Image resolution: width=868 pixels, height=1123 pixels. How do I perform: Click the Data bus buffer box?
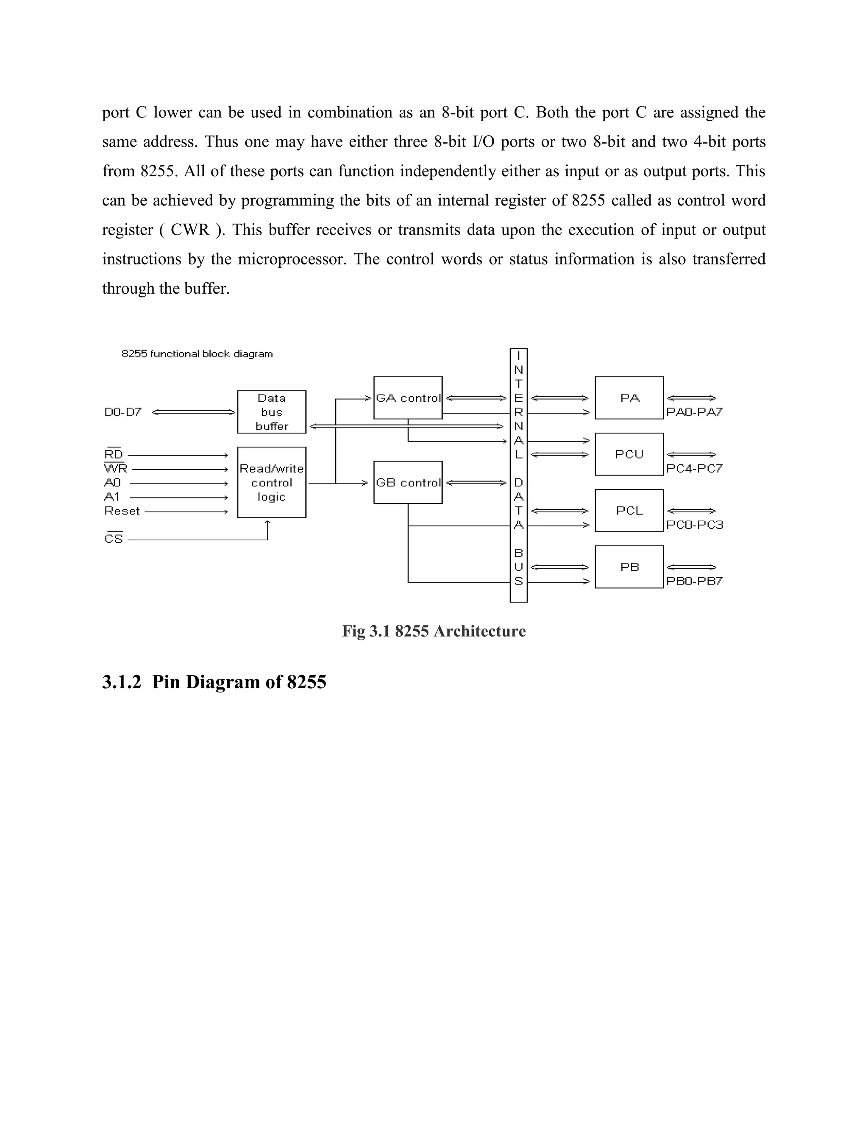pyautogui.click(x=272, y=412)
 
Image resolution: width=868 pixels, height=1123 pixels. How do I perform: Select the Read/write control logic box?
pyautogui.click(x=272, y=482)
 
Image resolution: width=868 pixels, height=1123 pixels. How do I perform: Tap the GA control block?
pyautogui.click(x=408, y=398)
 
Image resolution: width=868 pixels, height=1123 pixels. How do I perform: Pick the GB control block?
pyautogui.click(x=408, y=482)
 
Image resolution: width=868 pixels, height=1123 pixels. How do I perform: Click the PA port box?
pyautogui.click(x=629, y=398)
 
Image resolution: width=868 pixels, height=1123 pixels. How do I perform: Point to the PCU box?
pyautogui.click(x=629, y=454)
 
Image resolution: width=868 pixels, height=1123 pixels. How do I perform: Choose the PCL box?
pyautogui.click(x=629, y=511)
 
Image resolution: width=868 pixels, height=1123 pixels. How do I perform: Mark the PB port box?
pyautogui.click(x=629, y=567)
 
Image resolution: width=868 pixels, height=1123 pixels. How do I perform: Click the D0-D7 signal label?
pyautogui.click(x=122, y=412)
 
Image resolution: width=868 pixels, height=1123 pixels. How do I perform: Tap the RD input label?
pyautogui.click(x=114, y=455)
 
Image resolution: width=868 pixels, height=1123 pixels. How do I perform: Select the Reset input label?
pyautogui.click(x=122, y=511)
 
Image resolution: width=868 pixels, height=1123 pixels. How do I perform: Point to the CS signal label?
pyautogui.click(x=114, y=539)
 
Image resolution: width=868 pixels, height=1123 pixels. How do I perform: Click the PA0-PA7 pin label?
pyautogui.click(x=694, y=412)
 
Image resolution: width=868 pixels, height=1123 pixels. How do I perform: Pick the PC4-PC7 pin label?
pyautogui.click(x=694, y=468)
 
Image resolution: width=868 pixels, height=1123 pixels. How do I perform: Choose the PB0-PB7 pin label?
pyautogui.click(x=694, y=581)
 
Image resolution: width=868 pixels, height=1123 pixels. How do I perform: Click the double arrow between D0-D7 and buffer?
pyautogui.click(x=194, y=412)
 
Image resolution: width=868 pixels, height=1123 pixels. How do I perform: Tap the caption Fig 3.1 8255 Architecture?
pyautogui.click(x=434, y=631)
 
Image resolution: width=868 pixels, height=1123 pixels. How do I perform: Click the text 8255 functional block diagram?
pyautogui.click(x=197, y=354)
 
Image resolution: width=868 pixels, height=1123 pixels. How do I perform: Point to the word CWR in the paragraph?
pyautogui.click(x=190, y=230)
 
